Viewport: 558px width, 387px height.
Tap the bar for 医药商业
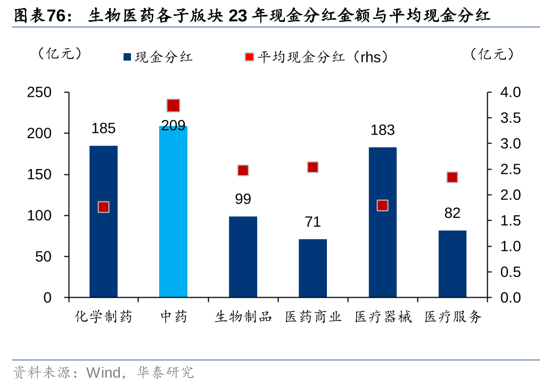point(313,268)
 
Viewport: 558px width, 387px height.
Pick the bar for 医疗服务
point(452,264)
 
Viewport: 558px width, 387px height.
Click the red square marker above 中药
point(173,105)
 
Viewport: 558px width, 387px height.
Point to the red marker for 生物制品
point(243,171)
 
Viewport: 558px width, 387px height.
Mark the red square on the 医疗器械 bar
point(382,205)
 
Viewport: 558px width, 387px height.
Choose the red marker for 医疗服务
point(452,177)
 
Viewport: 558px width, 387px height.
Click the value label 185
point(103,129)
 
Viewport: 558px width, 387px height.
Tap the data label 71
point(313,222)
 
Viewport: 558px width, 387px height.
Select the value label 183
point(382,130)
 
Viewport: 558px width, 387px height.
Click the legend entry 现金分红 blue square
point(127,57)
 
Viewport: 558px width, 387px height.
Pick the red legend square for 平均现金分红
point(250,57)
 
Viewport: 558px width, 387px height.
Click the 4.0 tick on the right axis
point(512,92)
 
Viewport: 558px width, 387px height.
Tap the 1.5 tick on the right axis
point(512,221)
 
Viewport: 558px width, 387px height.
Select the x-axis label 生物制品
point(243,317)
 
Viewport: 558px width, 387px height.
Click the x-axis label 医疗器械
point(383,317)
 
